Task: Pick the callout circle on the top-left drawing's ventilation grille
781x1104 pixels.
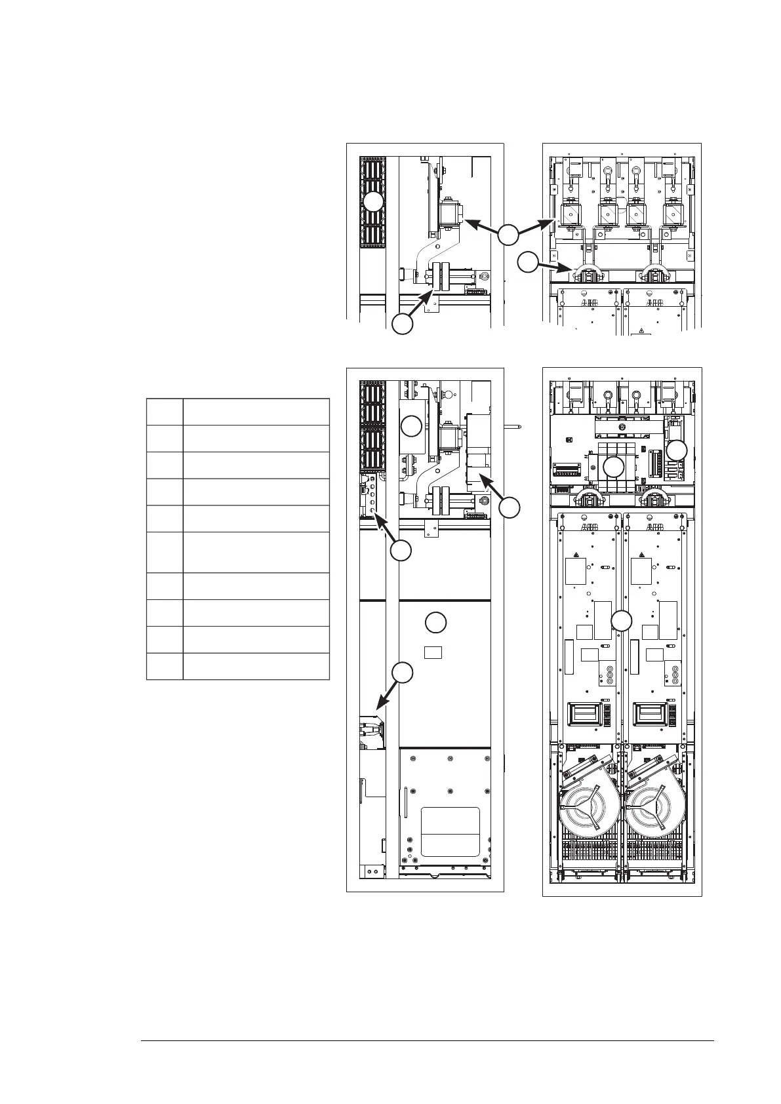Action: coord(373,202)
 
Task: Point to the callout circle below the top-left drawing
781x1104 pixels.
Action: coord(402,324)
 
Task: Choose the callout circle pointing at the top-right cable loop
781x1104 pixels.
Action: coord(527,263)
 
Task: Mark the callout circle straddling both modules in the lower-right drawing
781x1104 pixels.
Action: coord(621,620)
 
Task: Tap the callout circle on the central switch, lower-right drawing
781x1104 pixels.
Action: coord(613,467)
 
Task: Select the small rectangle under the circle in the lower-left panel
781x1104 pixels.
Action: coord(433,652)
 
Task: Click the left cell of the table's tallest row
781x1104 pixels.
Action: coord(165,552)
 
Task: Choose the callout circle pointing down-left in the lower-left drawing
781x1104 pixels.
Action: coord(402,672)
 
